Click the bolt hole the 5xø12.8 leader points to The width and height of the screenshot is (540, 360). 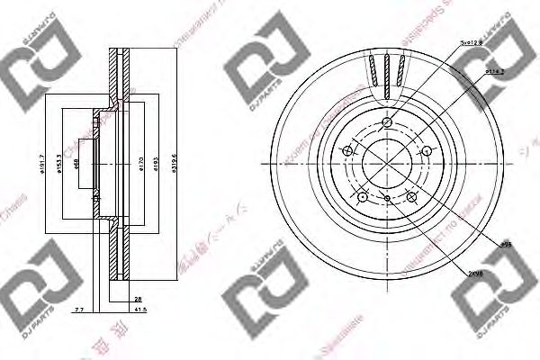click(x=387, y=123)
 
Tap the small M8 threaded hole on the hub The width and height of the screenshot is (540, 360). click(x=387, y=196)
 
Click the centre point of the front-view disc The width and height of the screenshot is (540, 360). click(x=387, y=164)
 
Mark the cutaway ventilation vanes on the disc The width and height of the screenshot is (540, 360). click(x=386, y=71)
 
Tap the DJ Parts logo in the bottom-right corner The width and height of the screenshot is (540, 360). click(x=494, y=309)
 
